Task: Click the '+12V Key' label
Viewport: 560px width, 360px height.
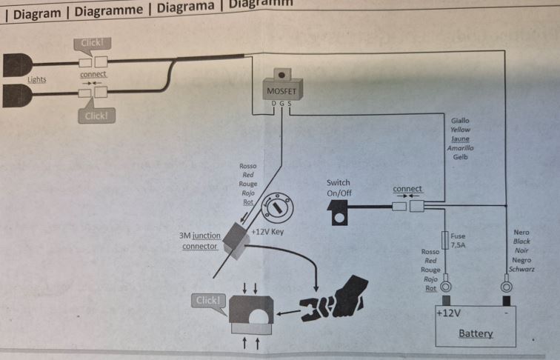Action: [x=268, y=232]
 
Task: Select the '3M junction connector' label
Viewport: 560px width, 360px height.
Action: [x=200, y=241]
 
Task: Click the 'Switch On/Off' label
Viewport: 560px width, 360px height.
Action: [x=339, y=187]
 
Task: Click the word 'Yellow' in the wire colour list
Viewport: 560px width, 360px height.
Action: [x=460, y=130]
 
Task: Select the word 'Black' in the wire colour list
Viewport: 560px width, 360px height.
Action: [x=521, y=241]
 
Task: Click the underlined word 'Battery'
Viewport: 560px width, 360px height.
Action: [x=475, y=333]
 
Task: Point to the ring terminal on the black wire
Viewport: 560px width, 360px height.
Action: [x=507, y=286]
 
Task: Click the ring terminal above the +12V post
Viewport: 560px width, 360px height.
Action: [x=446, y=286]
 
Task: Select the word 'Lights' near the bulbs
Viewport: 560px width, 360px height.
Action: [x=37, y=79]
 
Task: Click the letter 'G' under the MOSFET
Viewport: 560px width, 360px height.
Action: [x=281, y=104]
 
